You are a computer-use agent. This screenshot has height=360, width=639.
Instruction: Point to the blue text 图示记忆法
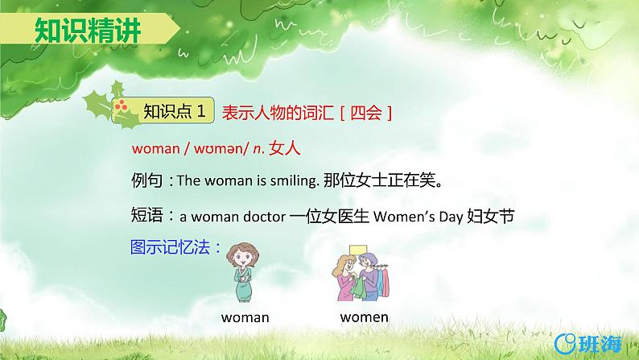pos(175,247)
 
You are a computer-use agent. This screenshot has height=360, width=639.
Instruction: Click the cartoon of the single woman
pos(245,272)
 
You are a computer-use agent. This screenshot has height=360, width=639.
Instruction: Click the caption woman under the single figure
pos(245,317)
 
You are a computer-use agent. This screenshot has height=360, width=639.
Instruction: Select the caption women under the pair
pos(364,317)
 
